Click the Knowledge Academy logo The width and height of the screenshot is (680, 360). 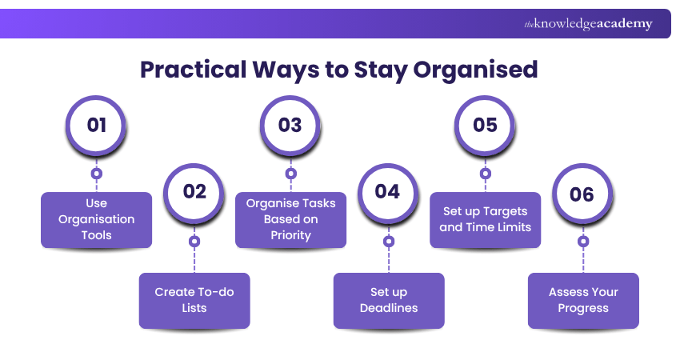588,24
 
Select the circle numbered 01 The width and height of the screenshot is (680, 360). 97,126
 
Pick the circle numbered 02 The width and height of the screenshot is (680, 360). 194,192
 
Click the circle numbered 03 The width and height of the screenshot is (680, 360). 290,126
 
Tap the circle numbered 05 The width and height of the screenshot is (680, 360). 485,126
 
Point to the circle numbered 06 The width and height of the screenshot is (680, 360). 582,192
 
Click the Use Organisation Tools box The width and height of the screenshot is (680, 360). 97,219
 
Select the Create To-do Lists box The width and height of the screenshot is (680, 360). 194,300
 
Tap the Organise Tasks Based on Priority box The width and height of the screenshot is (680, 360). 290,219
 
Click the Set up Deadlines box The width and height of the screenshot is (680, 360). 389,300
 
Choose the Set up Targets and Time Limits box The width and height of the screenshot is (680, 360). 485,219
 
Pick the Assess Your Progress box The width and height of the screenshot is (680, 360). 583,300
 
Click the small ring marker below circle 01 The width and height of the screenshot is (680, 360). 97,173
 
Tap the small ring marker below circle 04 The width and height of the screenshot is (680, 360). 388,240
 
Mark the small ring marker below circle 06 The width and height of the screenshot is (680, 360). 583,240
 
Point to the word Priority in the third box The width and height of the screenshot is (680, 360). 290,235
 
